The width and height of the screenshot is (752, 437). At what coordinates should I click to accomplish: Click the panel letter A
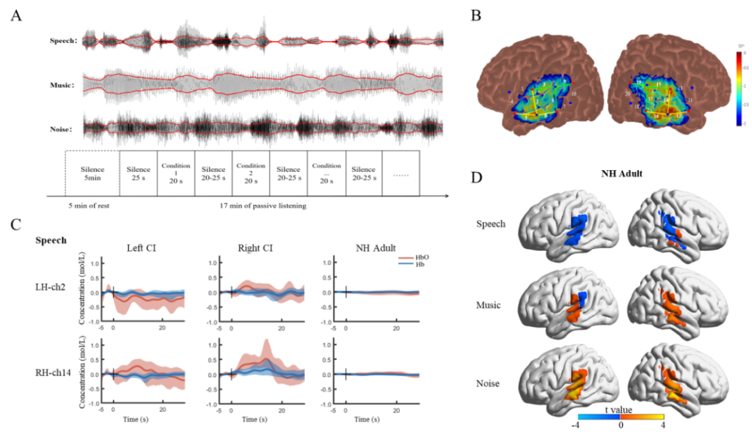click(x=15, y=15)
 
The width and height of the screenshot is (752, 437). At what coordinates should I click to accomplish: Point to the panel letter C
click(x=15, y=224)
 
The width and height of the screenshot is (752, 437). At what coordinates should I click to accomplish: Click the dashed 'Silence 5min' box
click(x=92, y=173)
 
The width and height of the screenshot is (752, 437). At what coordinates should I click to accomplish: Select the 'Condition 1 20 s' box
click(x=175, y=173)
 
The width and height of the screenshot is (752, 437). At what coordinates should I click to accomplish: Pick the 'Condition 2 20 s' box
click(x=251, y=173)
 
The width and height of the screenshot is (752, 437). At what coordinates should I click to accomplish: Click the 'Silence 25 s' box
click(x=139, y=173)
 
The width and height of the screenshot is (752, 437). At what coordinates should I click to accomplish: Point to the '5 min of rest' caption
click(x=87, y=207)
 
